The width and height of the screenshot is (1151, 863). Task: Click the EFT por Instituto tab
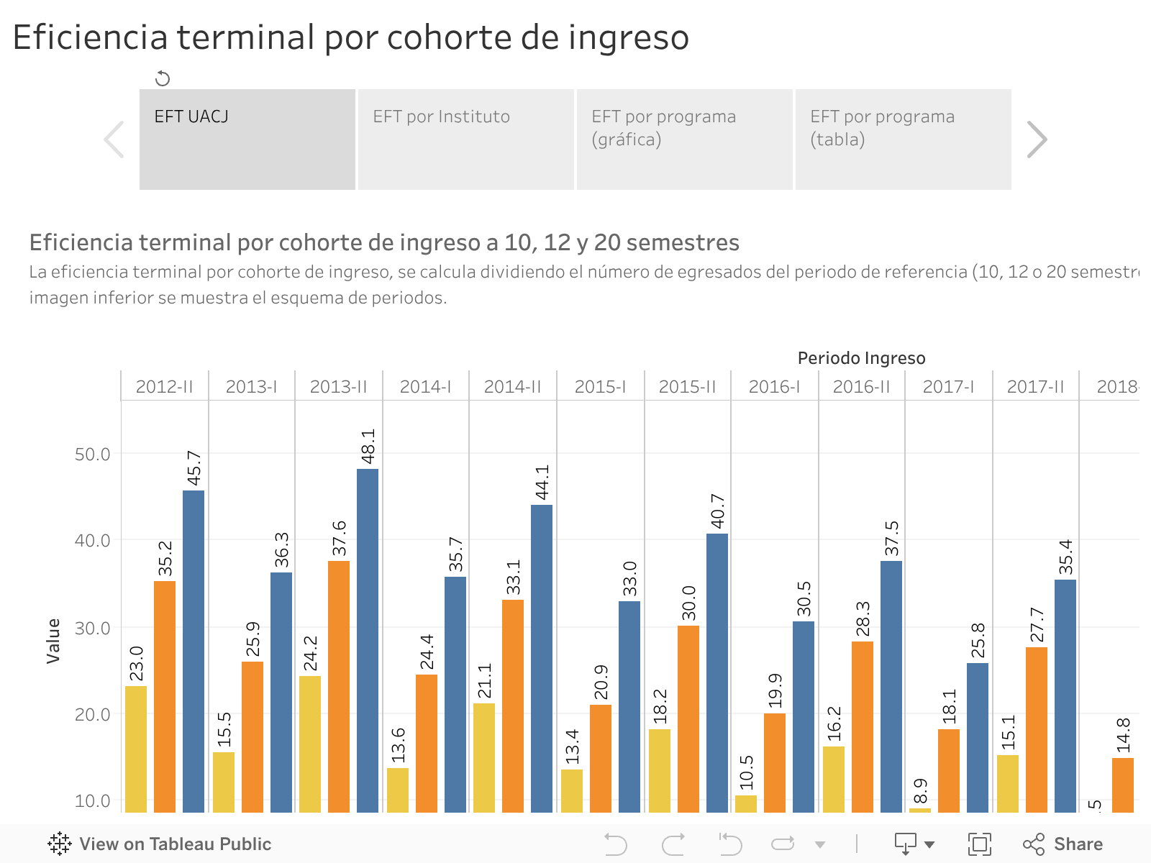pos(465,140)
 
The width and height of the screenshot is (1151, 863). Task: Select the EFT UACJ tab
pos(247,140)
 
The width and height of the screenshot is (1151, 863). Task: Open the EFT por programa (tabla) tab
pos(903,140)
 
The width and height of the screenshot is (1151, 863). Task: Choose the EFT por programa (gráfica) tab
pos(684,140)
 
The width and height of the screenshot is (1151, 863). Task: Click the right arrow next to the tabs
pos(1036,140)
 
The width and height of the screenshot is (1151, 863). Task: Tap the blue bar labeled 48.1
pos(368,640)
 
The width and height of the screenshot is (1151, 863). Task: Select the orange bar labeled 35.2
pos(165,696)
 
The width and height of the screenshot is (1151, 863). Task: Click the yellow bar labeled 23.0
pos(136,749)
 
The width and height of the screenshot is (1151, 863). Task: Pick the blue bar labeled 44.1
pos(542,658)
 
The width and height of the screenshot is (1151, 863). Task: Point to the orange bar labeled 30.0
pos(688,718)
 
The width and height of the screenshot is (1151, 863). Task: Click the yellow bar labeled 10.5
pos(746,803)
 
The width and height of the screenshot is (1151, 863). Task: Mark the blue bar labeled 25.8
pos(978,737)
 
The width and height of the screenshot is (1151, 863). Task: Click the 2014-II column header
pos(512,387)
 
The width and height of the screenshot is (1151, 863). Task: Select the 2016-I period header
pos(774,387)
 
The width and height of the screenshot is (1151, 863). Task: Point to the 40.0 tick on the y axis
pos(93,541)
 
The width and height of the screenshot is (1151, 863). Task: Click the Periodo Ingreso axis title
pos(861,358)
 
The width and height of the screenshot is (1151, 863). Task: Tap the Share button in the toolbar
pos(1063,844)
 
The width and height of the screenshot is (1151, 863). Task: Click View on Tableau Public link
pos(160,844)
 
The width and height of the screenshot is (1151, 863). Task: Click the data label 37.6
pos(339,539)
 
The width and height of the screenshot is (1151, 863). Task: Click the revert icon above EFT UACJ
pos(163,78)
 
